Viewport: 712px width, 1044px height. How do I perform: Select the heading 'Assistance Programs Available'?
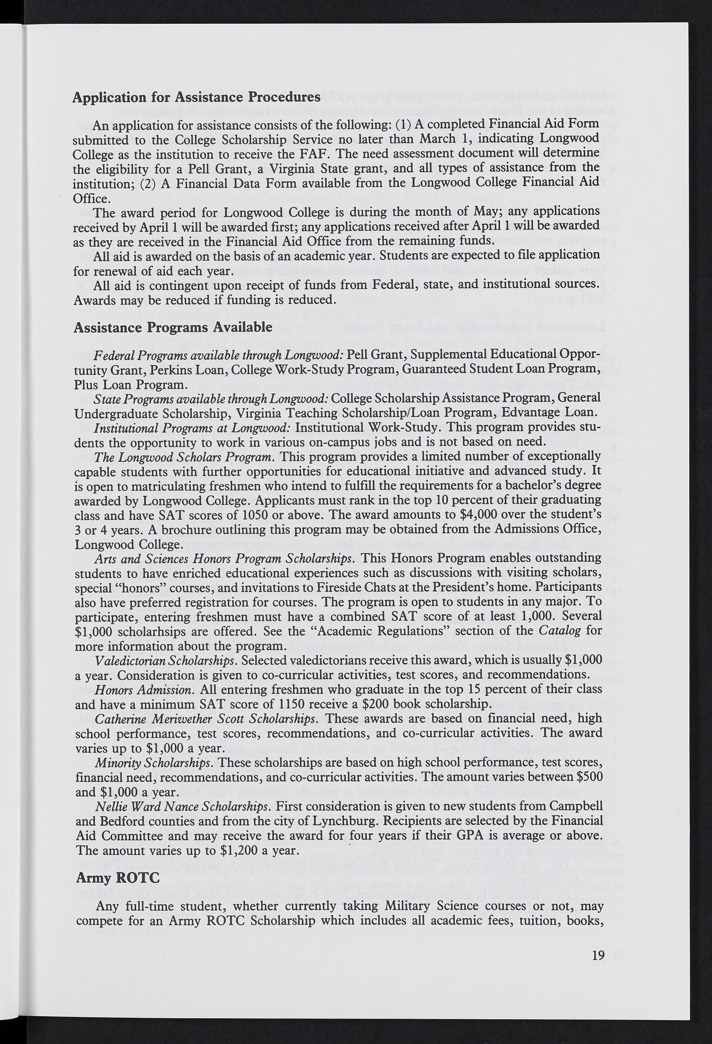[173, 327]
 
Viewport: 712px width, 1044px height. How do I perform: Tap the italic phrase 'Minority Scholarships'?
[153, 762]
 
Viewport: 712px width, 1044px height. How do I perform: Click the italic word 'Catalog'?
[559, 631]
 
